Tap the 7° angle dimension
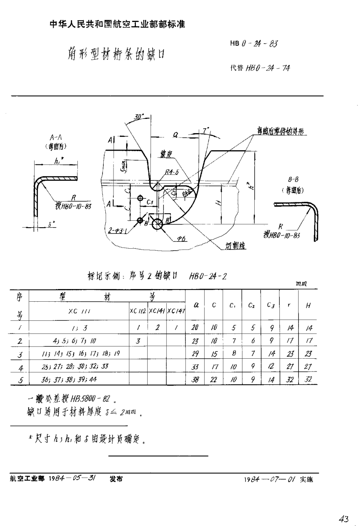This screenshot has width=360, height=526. pyautogui.click(x=206, y=131)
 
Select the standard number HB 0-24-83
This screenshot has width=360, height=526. pyautogui.click(x=253, y=44)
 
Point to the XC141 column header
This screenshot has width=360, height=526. pyautogui.click(x=157, y=311)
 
